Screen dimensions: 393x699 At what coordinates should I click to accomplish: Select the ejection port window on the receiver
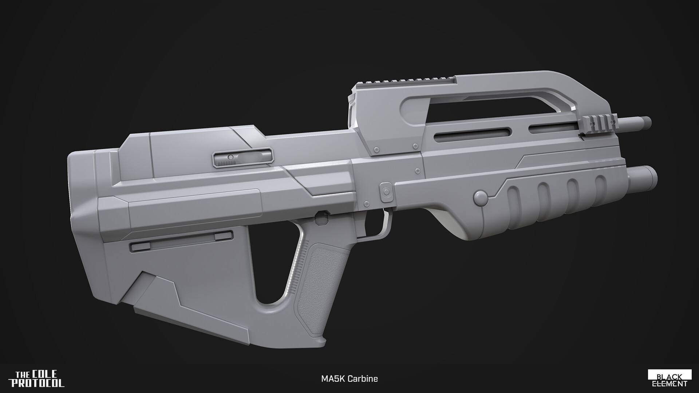tap(242, 159)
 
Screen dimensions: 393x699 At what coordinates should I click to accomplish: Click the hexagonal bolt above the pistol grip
tap(320, 217)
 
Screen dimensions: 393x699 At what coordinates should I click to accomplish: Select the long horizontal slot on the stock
tap(181, 242)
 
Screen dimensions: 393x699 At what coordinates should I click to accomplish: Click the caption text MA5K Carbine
tap(349, 379)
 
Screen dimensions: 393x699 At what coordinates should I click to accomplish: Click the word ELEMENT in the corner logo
tap(669, 384)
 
